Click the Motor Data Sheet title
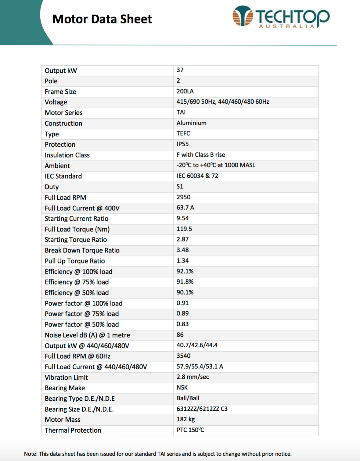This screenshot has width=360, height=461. coord(102,19)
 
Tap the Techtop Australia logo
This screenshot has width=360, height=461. coord(281,17)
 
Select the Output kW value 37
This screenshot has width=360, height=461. coord(180,70)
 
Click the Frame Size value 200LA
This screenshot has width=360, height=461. coord(185,91)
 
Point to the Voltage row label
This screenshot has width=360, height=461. coord(56,102)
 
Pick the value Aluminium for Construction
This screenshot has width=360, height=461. coord(191,123)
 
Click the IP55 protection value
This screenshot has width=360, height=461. coord(182,144)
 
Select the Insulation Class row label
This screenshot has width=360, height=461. coord(67,155)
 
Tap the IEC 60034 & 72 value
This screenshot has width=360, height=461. coord(197,176)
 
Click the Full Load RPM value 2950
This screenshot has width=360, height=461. coord(183,197)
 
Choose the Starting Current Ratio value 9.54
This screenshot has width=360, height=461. coord(182,218)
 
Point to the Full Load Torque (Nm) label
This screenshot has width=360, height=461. coord(77,229)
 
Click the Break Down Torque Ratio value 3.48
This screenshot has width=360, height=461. coord(182,250)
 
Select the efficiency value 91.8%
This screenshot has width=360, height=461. coord(185,281)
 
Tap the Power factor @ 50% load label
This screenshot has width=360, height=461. coord(82,324)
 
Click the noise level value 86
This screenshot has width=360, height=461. coord(180,334)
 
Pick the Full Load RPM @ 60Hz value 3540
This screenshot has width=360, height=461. coord(183,356)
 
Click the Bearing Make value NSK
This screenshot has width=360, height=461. coord(182,387)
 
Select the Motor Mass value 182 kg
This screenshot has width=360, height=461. coord(185,419)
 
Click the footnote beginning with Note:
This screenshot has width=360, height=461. coord(158,454)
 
